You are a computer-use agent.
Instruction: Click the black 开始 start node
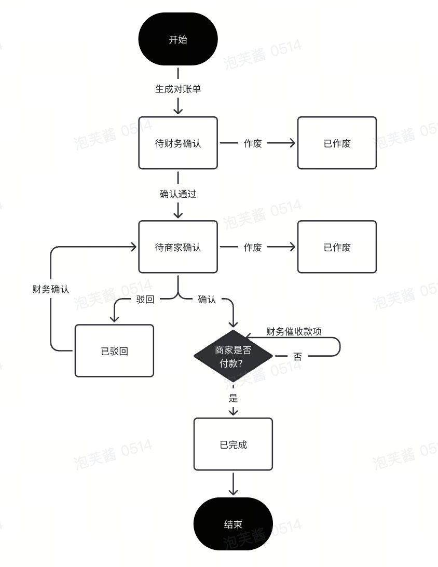click(x=178, y=39)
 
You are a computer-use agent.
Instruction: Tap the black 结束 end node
click(x=233, y=523)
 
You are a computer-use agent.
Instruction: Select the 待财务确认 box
click(x=178, y=143)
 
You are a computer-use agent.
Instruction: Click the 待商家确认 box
click(x=178, y=247)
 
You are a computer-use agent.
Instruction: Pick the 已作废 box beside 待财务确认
click(x=337, y=143)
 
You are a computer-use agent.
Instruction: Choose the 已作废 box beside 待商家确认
click(x=337, y=247)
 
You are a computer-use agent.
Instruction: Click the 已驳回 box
click(x=114, y=351)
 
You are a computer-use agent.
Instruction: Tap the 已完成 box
click(x=233, y=444)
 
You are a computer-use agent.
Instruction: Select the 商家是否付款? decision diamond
click(x=233, y=356)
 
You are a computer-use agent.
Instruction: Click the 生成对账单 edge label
click(x=178, y=89)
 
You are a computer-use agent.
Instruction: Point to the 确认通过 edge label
click(x=178, y=194)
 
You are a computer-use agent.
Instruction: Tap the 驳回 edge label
click(x=145, y=300)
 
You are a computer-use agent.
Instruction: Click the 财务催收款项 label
click(x=294, y=332)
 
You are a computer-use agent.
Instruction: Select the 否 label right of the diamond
click(x=297, y=357)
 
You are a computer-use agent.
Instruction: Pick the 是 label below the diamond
click(x=233, y=398)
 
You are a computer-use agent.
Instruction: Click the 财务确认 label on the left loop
click(x=50, y=289)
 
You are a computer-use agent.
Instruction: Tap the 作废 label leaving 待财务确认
click(x=253, y=143)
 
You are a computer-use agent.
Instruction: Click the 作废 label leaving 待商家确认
click(x=253, y=247)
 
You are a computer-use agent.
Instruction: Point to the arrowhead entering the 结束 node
click(x=233, y=492)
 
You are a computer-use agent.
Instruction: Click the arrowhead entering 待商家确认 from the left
click(x=133, y=247)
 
